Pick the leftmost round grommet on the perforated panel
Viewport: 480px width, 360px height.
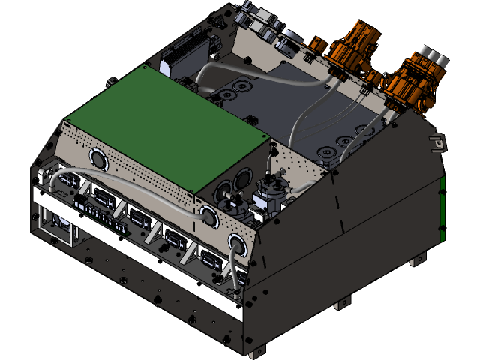(x=98, y=158)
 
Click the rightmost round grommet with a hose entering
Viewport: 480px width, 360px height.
(x=237, y=244)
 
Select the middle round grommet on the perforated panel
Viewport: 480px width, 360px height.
(x=209, y=217)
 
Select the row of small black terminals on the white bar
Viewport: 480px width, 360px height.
(x=97, y=212)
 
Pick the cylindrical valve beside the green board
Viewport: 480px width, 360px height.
(x=270, y=196)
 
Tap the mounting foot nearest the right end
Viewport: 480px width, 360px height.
(x=415, y=262)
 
